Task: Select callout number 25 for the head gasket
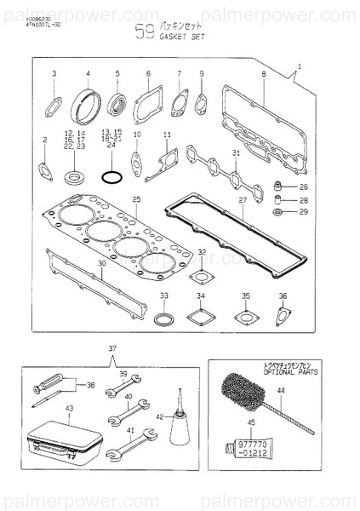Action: click(135, 198)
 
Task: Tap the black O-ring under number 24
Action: click(111, 177)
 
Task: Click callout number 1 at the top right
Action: click(300, 66)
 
